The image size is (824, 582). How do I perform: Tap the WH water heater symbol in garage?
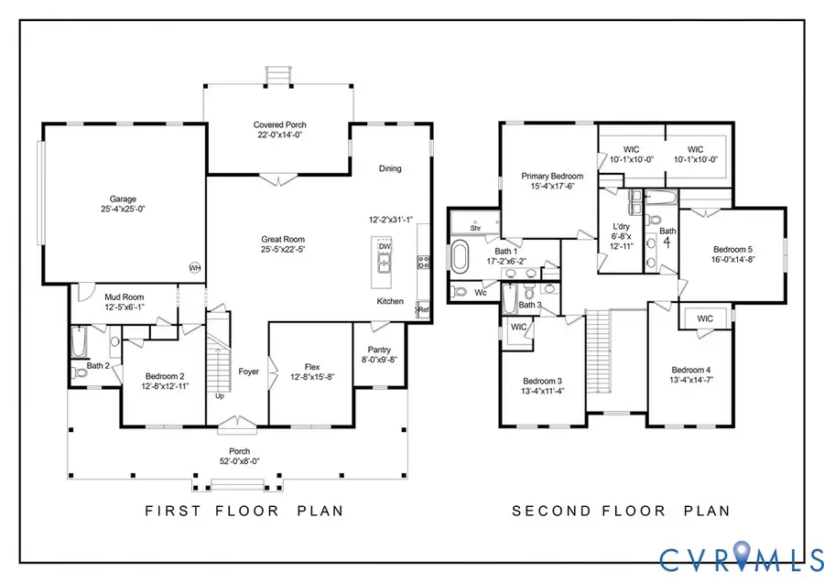(x=194, y=267)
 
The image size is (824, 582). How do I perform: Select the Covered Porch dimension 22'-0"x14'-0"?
(x=279, y=135)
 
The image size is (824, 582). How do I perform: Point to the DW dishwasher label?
(x=385, y=246)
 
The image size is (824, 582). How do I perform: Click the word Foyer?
(x=248, y=372)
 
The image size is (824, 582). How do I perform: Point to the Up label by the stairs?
(x=218, y=396)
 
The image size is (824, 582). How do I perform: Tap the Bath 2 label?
(x=99, y=365)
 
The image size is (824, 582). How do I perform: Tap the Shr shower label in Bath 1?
(x=476, y=228)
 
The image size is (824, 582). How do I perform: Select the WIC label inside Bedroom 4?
(x=705, y=318)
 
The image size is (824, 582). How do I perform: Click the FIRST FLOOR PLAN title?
(x=244, y=511)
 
